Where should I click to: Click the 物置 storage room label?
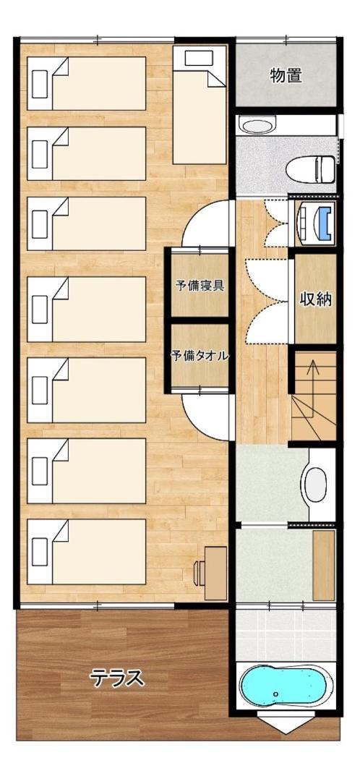click(286, 76)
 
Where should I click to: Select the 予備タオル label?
click(200, 355)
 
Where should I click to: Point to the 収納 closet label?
click(315, 299)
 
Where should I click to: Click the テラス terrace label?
click(117, 678)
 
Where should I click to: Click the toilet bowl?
click(311, 169)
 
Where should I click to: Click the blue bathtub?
click(286, 686)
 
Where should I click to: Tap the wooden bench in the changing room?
click(324, 565)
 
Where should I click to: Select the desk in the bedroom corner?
click(215, 573)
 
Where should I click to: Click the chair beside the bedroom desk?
click(199, 573)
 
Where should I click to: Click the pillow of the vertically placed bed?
click(199, 58)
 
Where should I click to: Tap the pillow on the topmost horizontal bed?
click(40, 84)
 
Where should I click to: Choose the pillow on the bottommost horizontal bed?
click(40, 551)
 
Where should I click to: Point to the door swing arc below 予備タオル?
click(206, 416)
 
